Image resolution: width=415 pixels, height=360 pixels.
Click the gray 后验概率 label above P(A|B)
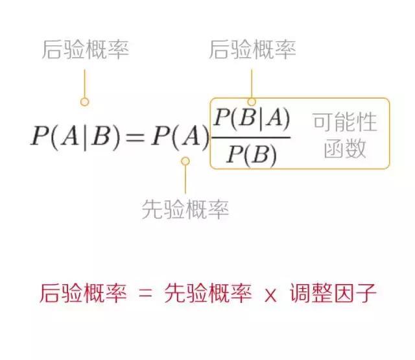85,49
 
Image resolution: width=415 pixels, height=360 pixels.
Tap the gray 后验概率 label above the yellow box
252,49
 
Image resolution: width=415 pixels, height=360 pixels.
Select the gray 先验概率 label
185,209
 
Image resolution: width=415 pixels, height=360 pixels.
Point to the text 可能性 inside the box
345,122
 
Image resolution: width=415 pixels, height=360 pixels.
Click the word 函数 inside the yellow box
345,149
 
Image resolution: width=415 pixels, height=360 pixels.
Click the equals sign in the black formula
135,138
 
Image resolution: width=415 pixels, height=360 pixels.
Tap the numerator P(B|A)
252,119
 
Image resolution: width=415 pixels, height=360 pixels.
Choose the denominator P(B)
252,155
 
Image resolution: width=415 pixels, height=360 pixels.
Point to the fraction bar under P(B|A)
250,138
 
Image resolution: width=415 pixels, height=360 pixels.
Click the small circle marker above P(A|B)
84,102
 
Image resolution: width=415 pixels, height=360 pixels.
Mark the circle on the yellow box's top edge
252,102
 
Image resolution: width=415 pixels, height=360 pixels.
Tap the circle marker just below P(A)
185,161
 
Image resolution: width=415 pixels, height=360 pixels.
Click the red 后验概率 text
83,293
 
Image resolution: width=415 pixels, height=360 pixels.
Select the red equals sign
145,294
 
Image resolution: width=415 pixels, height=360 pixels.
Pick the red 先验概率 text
207,293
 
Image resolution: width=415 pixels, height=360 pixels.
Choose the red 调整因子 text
333,293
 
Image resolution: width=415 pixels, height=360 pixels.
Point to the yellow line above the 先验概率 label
185,180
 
